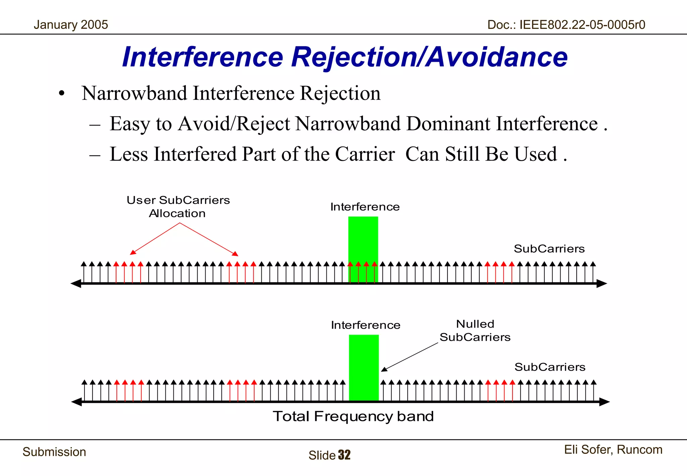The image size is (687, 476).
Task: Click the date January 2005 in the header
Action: (71, 25)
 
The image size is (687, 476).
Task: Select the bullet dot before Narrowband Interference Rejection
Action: (61, 94)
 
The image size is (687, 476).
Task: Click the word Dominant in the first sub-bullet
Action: (448, 124)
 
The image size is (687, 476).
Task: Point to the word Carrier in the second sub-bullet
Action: (365, 154)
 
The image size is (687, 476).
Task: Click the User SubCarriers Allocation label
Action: (178, 206)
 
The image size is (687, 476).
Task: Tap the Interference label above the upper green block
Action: (365, 207)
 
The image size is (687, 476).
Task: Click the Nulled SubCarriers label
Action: (475, 331)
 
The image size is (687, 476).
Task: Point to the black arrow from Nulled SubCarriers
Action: (409, 357)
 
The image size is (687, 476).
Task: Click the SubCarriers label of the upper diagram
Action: (549, 249)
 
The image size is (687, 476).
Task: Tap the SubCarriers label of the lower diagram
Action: (550, 367)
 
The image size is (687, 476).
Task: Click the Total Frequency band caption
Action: (353, 416)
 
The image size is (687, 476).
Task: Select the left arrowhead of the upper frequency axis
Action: (76, 284)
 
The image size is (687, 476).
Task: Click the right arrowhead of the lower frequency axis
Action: (604, 401)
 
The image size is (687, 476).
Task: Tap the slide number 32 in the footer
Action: (344, 455)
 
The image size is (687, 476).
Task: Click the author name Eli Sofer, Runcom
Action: (613, 450)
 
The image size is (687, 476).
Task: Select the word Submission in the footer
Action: (54, 452)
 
